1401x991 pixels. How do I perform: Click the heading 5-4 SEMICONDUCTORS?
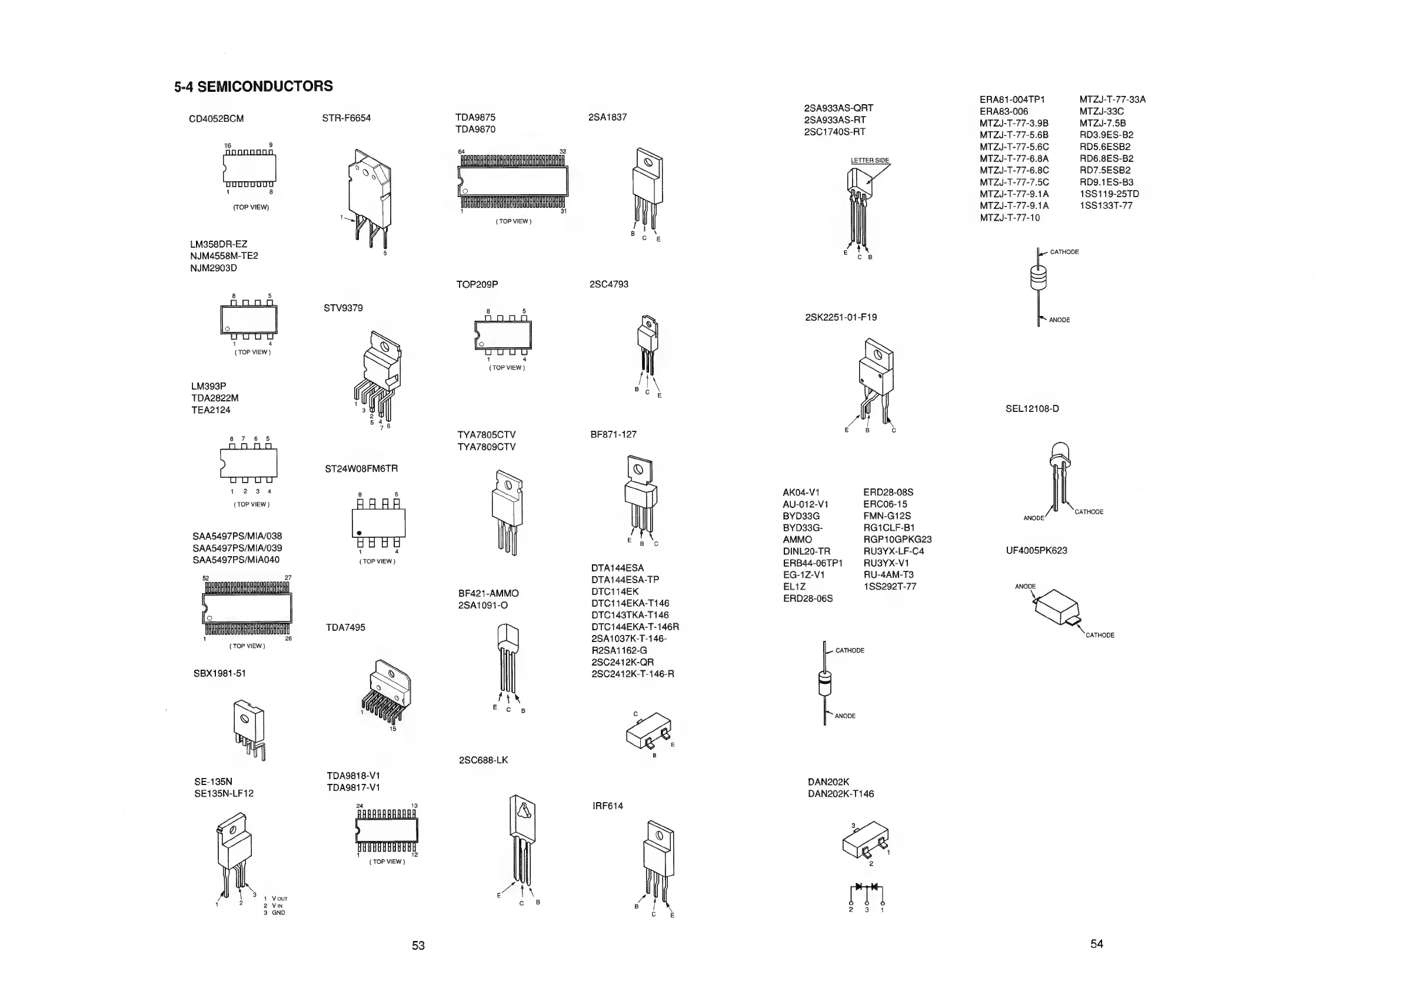253,86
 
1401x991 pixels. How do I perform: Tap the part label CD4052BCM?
216,118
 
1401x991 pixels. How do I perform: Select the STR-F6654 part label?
346,118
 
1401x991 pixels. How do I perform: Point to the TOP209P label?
477,284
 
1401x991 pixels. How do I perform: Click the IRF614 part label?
607,806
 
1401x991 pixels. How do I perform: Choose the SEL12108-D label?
1032,408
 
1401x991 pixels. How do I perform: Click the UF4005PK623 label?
1036,550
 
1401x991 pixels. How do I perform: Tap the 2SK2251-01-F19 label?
840,317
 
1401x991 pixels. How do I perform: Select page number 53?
418,945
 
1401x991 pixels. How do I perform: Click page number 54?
1097,943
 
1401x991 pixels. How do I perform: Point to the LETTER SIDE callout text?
870,161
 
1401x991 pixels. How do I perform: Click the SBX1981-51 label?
219,674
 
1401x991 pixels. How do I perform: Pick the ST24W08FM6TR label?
361,468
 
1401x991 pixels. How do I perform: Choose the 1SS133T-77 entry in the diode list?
1106,205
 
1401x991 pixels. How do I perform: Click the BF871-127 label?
613,434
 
